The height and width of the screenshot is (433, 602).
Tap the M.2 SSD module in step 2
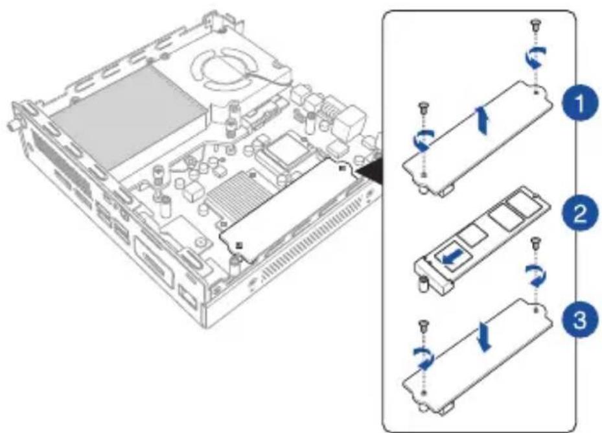tap(483, 233)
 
